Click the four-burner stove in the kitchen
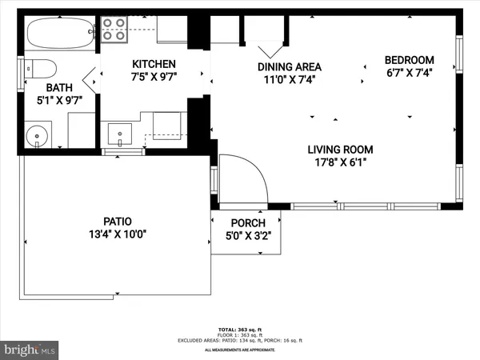pyautogui.click(x=115, y=30)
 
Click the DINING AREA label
pyautogui.click(x=289, y=67)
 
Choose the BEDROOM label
pyautogui.click(x=409, y=60)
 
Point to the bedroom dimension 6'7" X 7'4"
pyautogui.click(x=409, y=74)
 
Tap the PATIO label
pyautogui.click(x=117, y=222)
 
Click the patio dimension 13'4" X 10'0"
pyautogui.click(x=117, y=234)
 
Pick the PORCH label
pyautogui.click(x=248, y=223)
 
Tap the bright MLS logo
pyautogui.click(x=30, y=350)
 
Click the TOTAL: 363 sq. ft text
pyautogui.click(x=240, y=330)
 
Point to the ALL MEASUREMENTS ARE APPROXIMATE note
pyautogui.click(x=240, y=350)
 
